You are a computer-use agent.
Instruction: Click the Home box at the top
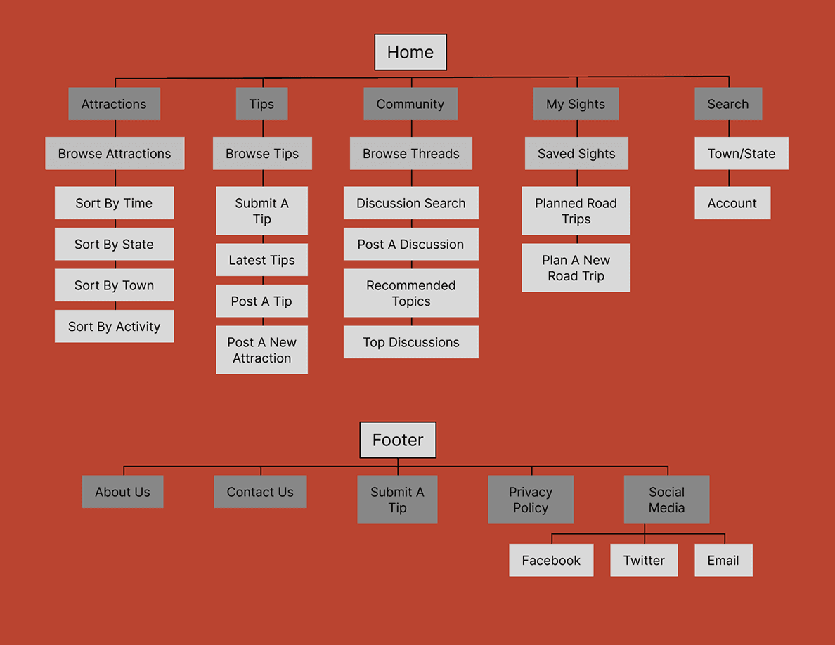coord(410,52)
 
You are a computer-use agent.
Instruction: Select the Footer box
coord(398,440)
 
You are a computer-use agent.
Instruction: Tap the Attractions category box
coord(114,104)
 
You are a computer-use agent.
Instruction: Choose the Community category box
coord(410,104)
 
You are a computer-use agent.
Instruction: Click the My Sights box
coord(576,104)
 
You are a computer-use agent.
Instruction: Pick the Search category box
coord(728,104)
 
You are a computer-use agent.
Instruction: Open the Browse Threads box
coord(411,153)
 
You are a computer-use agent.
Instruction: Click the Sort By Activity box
coord(114,326)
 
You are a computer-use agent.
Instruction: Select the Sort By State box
coord(114,244)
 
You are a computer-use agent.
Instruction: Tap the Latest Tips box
coord(261,260)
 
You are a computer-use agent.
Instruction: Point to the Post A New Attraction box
coord(261,350)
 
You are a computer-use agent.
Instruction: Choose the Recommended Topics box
coord(411,293)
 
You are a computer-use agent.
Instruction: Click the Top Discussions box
coord(411,342)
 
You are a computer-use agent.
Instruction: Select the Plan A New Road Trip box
coord(576,268)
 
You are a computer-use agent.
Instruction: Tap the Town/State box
coord(742,153)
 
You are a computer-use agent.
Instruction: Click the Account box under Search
coord(732,203)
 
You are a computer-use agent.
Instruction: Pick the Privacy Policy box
coord(531,500)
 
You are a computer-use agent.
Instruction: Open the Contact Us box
coord(260,492)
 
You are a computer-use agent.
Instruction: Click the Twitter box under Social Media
coord(644,560)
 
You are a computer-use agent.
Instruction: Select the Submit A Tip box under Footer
coord(397,500)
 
